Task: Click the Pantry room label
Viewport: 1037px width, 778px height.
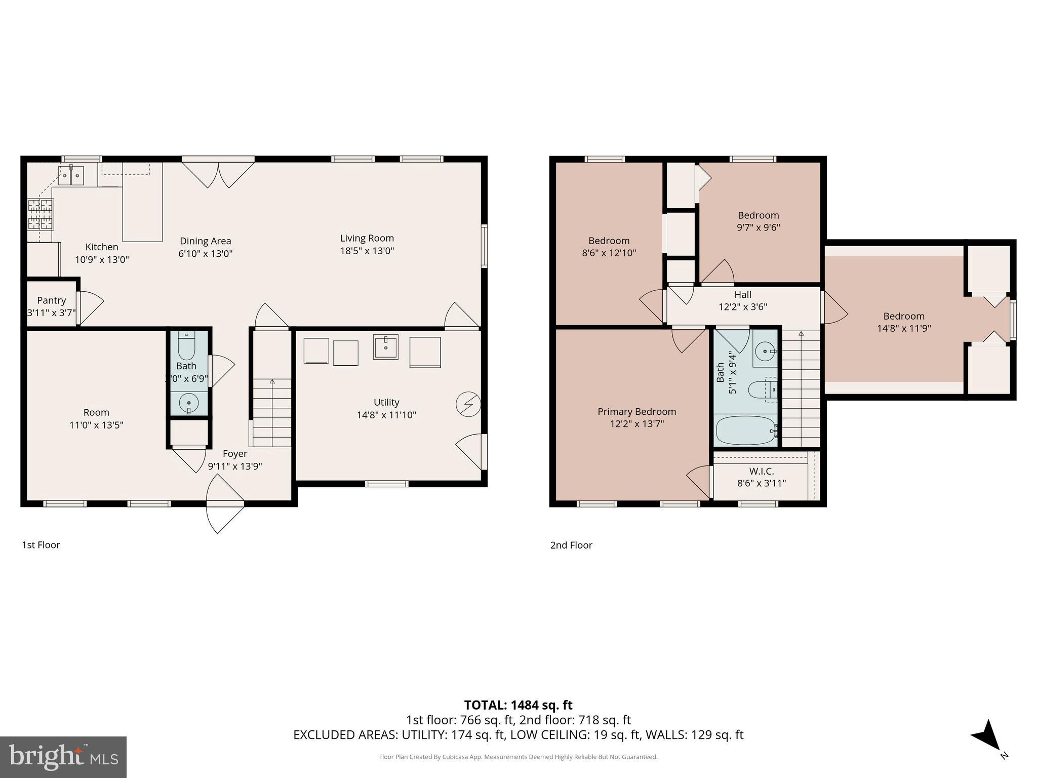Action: click(x=51, y=300)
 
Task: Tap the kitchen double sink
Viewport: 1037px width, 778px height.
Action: click(x=70, y=176)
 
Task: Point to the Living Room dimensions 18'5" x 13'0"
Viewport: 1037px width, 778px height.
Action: click(x=367, y=251)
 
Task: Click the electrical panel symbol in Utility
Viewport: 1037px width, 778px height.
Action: click(x=468, y=404)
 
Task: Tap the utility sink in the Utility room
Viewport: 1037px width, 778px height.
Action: click(x=386, y=346)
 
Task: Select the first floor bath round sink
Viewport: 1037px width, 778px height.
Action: click(x=189, y=403)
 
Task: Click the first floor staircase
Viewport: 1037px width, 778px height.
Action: click(x=272, y=413)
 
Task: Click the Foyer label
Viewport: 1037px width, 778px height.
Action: click(x=235, y=454)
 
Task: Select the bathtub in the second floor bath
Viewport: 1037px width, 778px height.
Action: click(x=746, y=431)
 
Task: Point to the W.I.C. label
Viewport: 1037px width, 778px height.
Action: click(x=761, y=471)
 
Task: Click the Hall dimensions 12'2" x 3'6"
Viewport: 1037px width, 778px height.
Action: click(x=743, y=307)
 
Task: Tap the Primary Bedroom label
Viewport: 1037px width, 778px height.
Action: click(x=636, y=412)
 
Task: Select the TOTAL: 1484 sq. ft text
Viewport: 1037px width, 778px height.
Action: click(x=518, y=705)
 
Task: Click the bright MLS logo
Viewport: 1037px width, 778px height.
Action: click(x=63, y=757)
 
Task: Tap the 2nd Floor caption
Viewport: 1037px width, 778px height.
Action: click(x=571, y=545)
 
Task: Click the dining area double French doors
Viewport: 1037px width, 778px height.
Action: click(x=218, y=173)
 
